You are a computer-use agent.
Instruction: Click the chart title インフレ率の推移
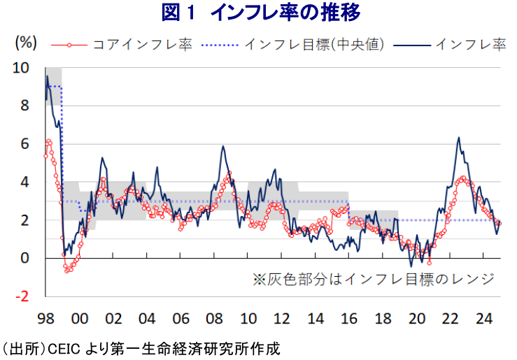tap(258, 13)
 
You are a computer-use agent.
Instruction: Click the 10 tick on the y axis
tap(22, 69)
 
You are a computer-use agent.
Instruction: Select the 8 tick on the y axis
tap(26, 106)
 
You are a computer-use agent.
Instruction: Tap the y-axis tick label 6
tap(26, 144)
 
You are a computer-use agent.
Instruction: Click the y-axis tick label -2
tap(23, 296)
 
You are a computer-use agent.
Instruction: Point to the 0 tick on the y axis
tap(26, 258)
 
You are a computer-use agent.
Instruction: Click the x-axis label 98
tap(45, 319)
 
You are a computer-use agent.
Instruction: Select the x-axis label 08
tap(214, 319)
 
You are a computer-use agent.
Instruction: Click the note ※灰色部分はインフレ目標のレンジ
tap(373, 279)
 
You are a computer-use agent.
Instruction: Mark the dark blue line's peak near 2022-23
tap(458, 138)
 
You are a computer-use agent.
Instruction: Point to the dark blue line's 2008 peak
tap(222, 146)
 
